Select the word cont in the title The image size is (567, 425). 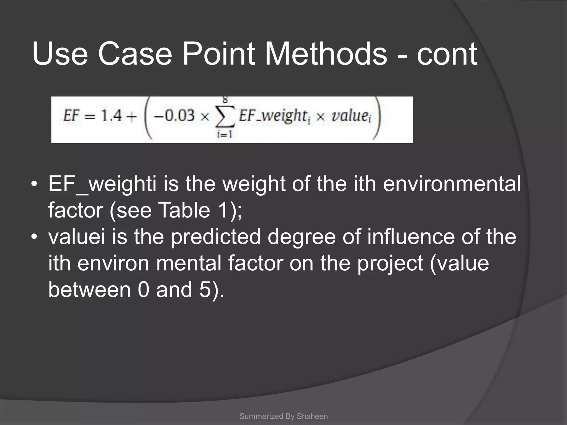(447, 54)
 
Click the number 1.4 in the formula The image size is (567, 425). (111, 115)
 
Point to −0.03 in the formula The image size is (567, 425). (174, 115)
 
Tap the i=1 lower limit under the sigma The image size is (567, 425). (225, 134)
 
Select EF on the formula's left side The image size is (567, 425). (71, 115)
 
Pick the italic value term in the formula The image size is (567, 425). (350, 116)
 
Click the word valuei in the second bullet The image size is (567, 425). (77, 237)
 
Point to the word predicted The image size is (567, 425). (215, 237)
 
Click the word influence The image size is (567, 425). (411, 237)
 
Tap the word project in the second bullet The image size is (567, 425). (390, 263)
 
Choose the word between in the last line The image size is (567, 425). (89, 290)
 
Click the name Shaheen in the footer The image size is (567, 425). (312, 416)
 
